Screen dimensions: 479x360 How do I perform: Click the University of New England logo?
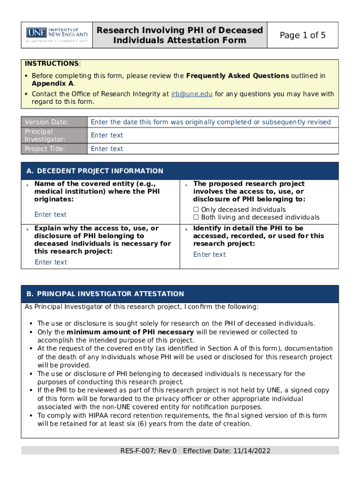[57, 35]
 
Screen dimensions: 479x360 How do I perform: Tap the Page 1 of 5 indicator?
[302, 35]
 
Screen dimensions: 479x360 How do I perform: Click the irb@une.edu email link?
[192, 94]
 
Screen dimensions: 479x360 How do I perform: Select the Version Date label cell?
[54, 122]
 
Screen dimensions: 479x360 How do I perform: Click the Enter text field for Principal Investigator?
[107, 135]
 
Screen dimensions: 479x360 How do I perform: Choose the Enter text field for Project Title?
[107, 149]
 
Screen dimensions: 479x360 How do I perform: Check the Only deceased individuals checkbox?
[196, 210]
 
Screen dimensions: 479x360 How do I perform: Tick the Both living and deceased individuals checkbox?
[196, 218]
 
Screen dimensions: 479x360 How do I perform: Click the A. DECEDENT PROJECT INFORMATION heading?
[95, 171]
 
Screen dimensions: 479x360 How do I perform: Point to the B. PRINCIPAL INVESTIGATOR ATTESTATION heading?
[105, 294]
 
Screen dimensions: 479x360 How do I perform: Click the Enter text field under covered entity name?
[50, 215]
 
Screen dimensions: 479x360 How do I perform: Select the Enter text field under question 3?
[51, 262]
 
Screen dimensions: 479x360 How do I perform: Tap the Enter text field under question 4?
[209, 254]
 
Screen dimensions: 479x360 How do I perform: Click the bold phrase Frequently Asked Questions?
[238, 76]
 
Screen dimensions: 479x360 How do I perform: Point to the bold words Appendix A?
[52, 83]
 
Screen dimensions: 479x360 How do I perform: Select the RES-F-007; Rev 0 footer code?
[148, 451]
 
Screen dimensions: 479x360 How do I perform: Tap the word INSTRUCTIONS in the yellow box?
[51, 64]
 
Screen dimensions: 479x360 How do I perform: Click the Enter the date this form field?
[210, 122]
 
